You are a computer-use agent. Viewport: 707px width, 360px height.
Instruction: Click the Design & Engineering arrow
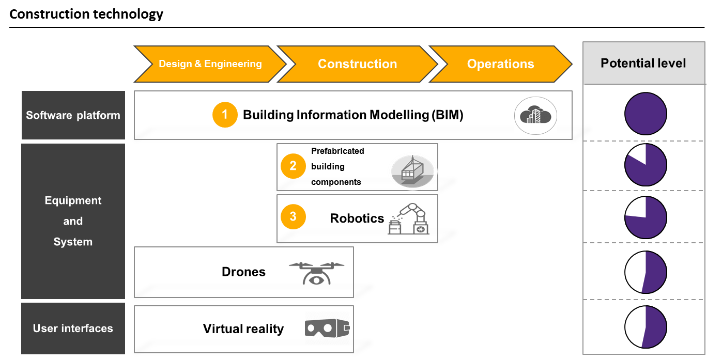[x=210, y=64]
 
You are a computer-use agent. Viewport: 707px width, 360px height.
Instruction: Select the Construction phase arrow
[x=357, y=64]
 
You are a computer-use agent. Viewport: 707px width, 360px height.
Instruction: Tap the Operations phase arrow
[x=500, y=64]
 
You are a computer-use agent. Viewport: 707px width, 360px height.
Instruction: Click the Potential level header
[x=643, y=64]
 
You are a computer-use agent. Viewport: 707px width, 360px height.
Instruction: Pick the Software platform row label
[x=73, y=115]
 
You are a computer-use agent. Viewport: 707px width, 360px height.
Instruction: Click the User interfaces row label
[x=73, y=328]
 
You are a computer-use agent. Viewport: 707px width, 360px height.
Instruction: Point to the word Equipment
[x=73, y=200]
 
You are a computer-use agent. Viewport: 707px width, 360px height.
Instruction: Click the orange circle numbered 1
[x=225, y=115]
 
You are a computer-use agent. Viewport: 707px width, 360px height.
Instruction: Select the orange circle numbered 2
[x=293, y=166]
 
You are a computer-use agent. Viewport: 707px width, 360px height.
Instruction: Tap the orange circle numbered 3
[x=293, y=216]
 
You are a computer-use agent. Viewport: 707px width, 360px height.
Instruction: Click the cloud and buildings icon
[x=535, y=116]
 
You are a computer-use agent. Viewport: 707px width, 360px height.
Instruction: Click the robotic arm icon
[x=408, y=218]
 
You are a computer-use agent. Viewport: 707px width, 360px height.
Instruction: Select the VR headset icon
[x=327, y=328]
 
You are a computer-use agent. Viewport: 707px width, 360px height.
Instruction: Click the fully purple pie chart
[x=645, y=114]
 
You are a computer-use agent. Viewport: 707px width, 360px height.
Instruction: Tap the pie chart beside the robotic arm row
[x=645, y=217]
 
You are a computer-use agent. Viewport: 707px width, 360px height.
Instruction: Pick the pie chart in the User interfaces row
[x=645, y=326]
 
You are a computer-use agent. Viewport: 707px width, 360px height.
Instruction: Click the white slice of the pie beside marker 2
[x=637, y=153]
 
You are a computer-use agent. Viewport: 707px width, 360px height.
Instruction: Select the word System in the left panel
[x=73, y=242]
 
